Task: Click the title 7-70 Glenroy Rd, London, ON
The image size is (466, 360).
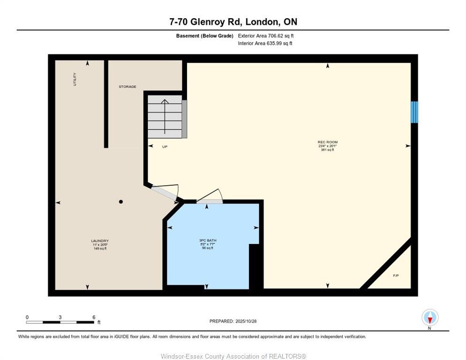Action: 233,22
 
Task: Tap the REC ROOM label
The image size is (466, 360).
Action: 327,142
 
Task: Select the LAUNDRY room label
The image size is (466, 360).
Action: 100,241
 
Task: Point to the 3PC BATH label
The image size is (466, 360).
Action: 207,240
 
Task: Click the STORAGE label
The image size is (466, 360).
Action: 127,87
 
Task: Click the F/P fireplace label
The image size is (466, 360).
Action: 396,275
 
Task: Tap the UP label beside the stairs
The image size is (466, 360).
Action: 165,147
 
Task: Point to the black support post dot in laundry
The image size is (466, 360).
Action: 121,202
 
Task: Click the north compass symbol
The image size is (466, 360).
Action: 430,318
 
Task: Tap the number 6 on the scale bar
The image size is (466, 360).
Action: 94,317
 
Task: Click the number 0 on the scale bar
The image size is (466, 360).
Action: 27,317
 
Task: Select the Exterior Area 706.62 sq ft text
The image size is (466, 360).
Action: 266,36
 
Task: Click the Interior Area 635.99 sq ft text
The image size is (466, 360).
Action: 265,44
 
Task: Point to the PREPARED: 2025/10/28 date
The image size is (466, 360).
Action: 233,321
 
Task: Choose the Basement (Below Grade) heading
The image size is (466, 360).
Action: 204,36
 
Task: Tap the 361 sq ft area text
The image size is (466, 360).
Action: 327,150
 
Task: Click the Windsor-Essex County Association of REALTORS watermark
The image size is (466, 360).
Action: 233,356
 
